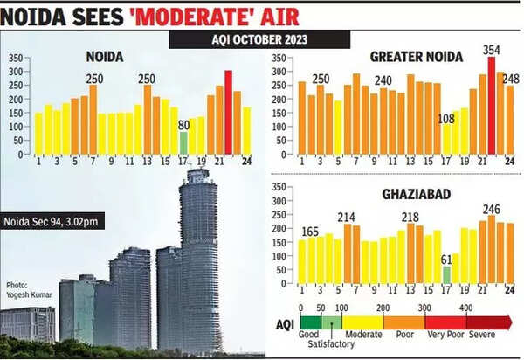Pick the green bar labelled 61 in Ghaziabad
point(446,275)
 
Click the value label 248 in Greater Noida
point(511,80)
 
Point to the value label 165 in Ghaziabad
point(312,232)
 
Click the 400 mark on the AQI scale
point(466,308)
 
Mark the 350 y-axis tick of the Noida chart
point(16,59)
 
